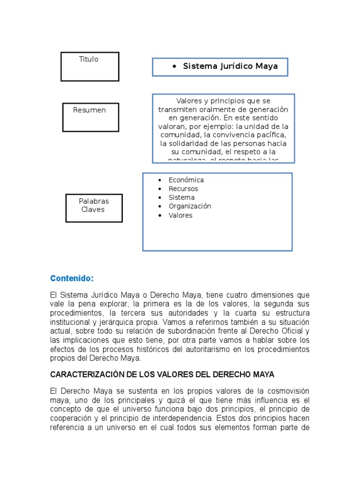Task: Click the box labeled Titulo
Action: point(90,66)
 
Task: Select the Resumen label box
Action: point(90,117)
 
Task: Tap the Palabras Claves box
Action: point(94,208)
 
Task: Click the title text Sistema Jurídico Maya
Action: point(230,67)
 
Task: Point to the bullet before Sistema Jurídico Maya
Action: point(174,67)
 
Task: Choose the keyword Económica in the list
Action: point(186,180)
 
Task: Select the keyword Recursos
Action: point(183,189)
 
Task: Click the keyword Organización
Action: point(190,206)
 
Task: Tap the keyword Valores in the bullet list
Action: point(180,216)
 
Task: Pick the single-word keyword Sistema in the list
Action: point(181,197)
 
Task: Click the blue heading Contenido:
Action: point(72,278)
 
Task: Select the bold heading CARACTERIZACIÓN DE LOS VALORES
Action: point(162,375)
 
